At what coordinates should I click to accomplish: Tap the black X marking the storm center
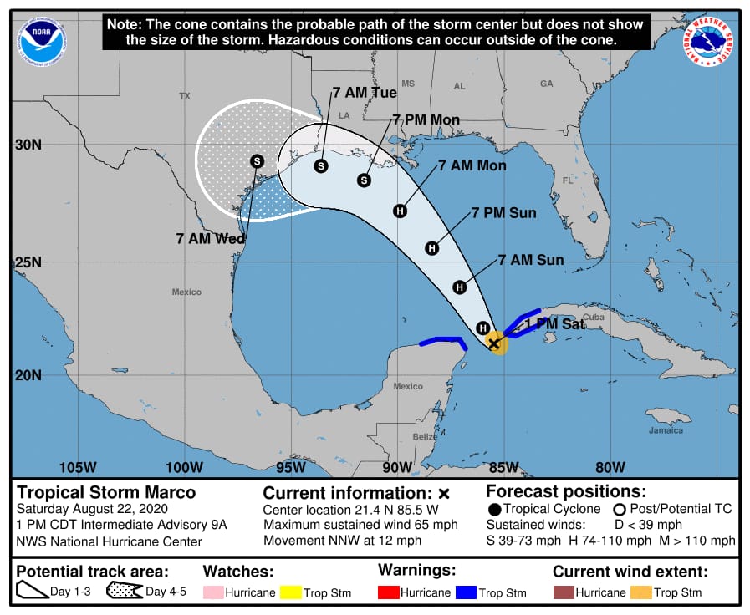[494, 343]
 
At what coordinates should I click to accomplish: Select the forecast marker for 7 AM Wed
[257, 161]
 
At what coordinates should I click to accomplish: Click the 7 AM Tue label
[364, 93]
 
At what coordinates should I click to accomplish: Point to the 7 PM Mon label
[426, 120]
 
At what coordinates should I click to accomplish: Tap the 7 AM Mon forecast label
[472, 165]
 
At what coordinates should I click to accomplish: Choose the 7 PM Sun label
[503, 213]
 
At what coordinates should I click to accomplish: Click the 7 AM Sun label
[530, 260]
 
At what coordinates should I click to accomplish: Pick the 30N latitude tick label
[28, 144]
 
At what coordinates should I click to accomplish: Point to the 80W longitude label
[610, 466]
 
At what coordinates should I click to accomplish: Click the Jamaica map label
[666, 430]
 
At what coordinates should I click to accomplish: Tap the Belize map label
[425, 436]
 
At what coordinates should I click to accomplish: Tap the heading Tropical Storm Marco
[106, 492]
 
